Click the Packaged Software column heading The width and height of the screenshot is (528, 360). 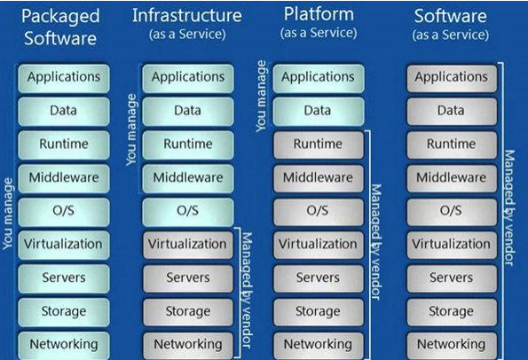click(x=60, y=27)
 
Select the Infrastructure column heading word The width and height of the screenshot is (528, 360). click(x=187, y=15)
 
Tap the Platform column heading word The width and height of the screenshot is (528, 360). click(x=319, y=15)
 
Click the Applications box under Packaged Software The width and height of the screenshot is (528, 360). click(x=64, y=78)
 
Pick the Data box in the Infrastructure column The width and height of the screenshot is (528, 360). click(x=188, y=112)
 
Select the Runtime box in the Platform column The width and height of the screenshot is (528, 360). click(x=319, y=145)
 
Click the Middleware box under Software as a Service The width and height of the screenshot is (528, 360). click(x=452, y=178)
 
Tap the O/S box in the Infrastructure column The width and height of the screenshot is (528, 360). click(x=188, y=212)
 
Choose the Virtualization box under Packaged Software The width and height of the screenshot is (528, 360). click(x=64, y=245)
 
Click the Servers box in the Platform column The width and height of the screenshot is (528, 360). click(x=319, y=278)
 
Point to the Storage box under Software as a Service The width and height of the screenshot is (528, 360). click(x=452, y=312)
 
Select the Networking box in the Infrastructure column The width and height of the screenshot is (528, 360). click(x=188, y=345)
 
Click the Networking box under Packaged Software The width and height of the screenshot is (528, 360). click(x=64, y=345)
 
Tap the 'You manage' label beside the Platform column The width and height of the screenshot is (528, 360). click(x=261, y=97)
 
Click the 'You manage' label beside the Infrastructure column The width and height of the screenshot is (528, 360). click(x=131, y=129)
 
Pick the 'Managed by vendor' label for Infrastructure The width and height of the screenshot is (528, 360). click(x=247, y=290)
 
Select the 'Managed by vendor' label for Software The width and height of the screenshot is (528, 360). click(x=509, y=207)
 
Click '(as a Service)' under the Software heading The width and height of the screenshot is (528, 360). click(x=451, y=35)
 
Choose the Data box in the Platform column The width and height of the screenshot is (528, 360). click(x=319, y=112)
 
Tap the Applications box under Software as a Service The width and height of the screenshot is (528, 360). click(x=452, y=78)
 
